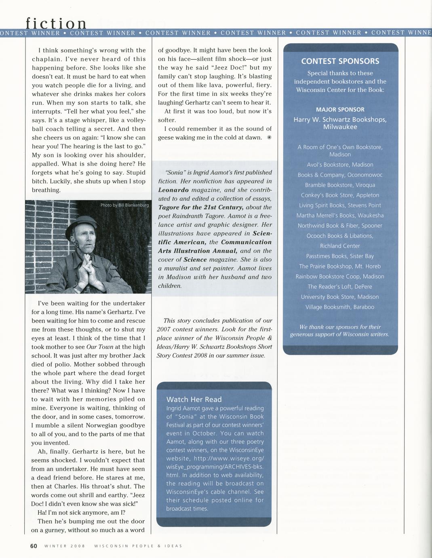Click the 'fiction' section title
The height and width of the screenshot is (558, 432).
56,23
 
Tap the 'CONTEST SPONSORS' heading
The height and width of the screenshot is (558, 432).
340,61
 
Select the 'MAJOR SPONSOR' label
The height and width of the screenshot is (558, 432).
340,110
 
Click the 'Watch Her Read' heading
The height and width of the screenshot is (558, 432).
194,399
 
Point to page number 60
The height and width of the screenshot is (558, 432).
34,546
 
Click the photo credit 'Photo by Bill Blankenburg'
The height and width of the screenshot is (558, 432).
124,205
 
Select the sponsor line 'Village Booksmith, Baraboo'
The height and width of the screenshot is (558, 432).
340,307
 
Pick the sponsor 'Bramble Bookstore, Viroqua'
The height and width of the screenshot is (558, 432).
340,185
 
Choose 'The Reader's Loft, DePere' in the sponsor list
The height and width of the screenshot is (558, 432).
340,287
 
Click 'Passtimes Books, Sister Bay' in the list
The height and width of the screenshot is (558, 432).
340,256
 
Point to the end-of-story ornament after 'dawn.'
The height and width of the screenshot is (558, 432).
269,137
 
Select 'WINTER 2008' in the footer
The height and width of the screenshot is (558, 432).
65,546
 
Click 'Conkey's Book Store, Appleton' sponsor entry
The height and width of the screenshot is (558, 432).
340,195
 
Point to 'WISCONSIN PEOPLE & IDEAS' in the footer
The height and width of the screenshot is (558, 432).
138,546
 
